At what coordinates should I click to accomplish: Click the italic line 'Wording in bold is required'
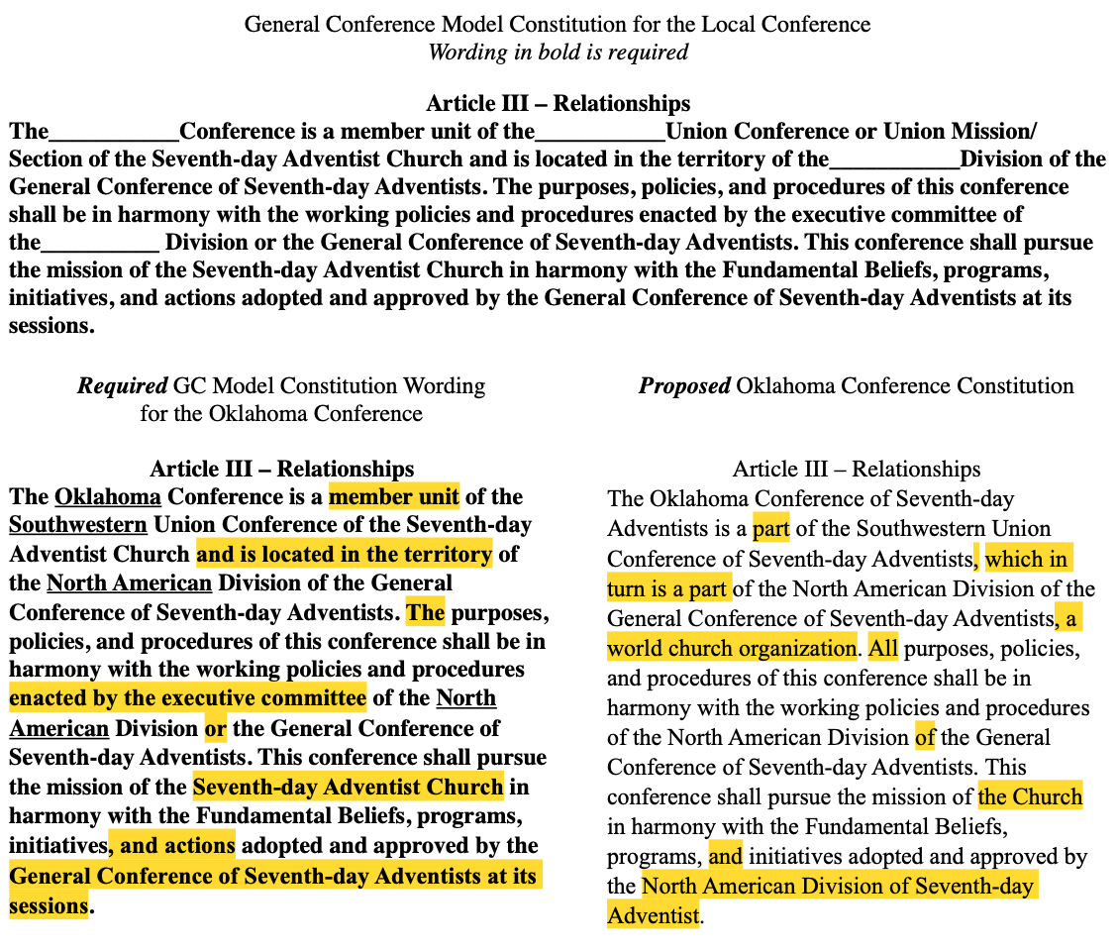point(558,53)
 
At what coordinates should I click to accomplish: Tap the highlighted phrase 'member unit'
point(394,496)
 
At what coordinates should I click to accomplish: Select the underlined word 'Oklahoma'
point(108,496)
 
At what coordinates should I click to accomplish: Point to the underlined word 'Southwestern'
point(78,525)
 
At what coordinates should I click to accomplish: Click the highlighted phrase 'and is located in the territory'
point(344,554)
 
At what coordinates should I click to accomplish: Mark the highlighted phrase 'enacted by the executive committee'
point(188,697)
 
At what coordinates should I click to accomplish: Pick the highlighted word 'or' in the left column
point(215,728)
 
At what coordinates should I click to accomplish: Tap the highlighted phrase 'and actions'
point(171,845)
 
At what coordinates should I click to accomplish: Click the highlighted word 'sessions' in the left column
point(49,906)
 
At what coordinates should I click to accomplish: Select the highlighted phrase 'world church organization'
point(732,648)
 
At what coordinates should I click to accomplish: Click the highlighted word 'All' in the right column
point(882,648)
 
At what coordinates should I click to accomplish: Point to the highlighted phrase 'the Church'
point(1030,796)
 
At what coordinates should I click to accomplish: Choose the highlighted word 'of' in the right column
point(925,737)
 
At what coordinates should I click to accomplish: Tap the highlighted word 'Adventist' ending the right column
point(654,915)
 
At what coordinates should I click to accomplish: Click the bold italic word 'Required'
point(123,385)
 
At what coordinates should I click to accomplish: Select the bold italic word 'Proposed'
point(684,385)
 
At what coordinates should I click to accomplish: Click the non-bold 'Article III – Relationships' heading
point(857,470)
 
